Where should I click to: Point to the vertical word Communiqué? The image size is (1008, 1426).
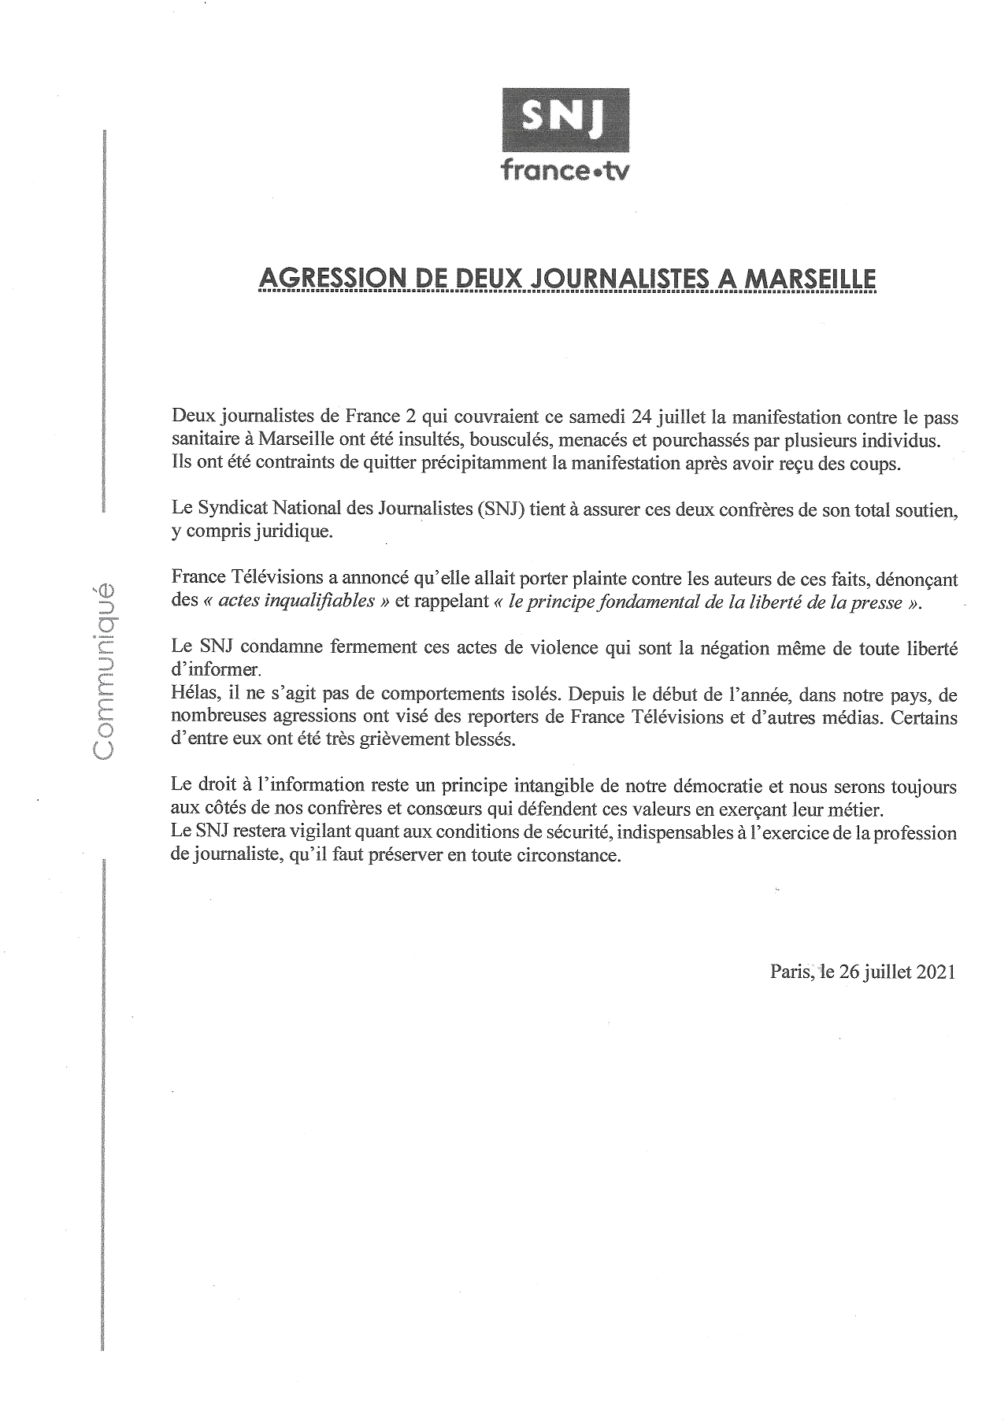point(104,671)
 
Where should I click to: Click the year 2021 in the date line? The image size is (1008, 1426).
point(936,971)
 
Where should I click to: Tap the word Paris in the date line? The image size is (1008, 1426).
point(791,971)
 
